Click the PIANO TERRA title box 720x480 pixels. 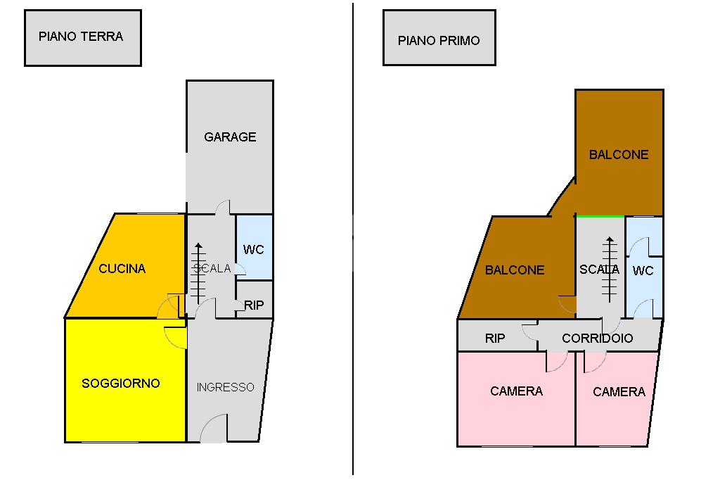coord(82,37)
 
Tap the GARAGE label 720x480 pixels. coord(230,137)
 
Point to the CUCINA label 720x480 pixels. coord(122,269)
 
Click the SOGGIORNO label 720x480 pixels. coord(121,384)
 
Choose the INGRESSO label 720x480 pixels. coord(225,388)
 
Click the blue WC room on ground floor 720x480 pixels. coord(254,249)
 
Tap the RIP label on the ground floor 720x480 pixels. coord(254,305)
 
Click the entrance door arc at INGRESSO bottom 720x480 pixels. coord(214,429)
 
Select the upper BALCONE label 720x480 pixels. coord(619,155)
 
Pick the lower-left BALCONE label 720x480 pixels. coord(515,270)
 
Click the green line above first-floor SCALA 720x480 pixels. coord(600,216)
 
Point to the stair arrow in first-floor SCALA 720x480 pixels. coord(609,268)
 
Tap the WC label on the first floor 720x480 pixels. coord(643,271)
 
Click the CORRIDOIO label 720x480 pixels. coord(597,339)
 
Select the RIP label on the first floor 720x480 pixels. coord(495,339)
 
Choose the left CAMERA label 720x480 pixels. coord(516,391)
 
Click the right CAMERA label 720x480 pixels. coord(619,392)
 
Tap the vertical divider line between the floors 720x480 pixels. coord(353,239)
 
